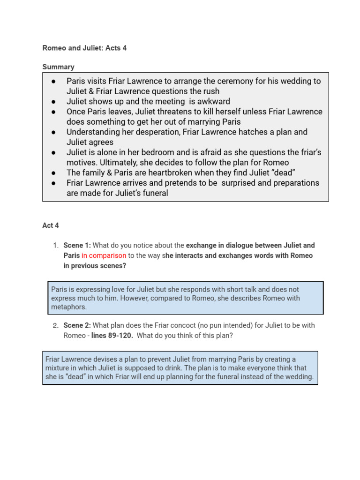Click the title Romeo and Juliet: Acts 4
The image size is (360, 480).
coord(84,48)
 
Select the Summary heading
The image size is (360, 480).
coord(58,67)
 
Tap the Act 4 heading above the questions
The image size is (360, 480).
coord(51,225)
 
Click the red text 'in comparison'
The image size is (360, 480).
coord(104,255)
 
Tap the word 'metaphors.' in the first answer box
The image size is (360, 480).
coord(69,307)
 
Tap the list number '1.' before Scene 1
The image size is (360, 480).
coord(56,245)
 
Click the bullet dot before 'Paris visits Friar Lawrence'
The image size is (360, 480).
coord(54,81)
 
